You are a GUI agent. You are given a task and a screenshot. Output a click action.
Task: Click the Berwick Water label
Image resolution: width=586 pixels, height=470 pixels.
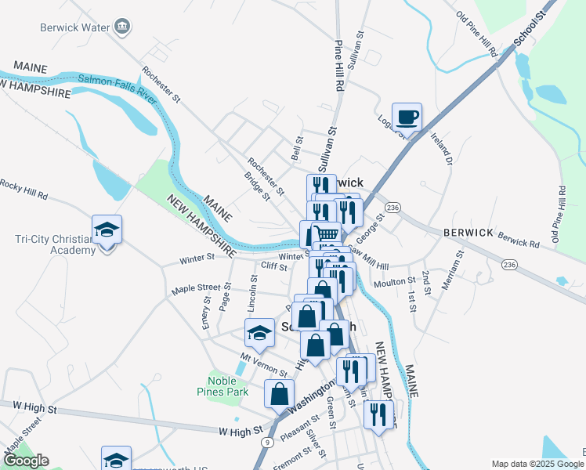tap(74, 27)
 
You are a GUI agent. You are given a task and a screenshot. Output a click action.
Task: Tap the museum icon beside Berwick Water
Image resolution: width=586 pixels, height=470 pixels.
tap(123, 27)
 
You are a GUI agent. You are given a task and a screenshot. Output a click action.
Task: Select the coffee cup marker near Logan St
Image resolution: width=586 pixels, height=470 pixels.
tap(407, 118)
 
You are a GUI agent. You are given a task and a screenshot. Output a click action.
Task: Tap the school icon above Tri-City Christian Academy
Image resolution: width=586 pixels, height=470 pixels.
tap(107, 230)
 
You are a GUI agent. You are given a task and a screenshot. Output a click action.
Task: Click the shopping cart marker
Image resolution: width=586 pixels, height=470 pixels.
tap(326, 234)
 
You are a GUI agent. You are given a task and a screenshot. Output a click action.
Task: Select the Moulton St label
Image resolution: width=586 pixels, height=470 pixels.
tap(400, 280)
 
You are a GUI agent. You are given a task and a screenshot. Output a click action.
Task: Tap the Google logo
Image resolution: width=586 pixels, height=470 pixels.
tap(25, 461)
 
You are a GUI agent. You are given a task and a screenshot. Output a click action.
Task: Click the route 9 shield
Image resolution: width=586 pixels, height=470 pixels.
tap(268, 443)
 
